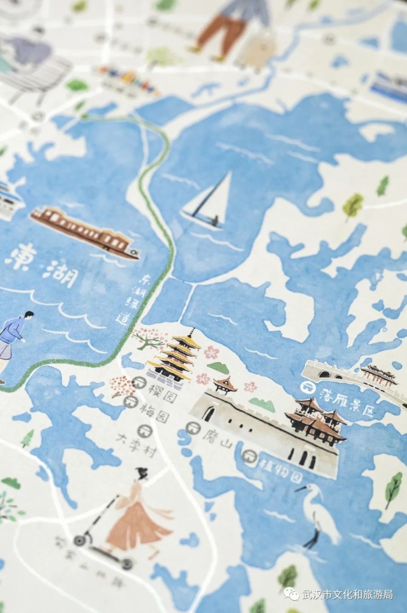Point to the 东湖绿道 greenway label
128,299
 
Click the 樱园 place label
154,387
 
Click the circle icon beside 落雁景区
307,387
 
